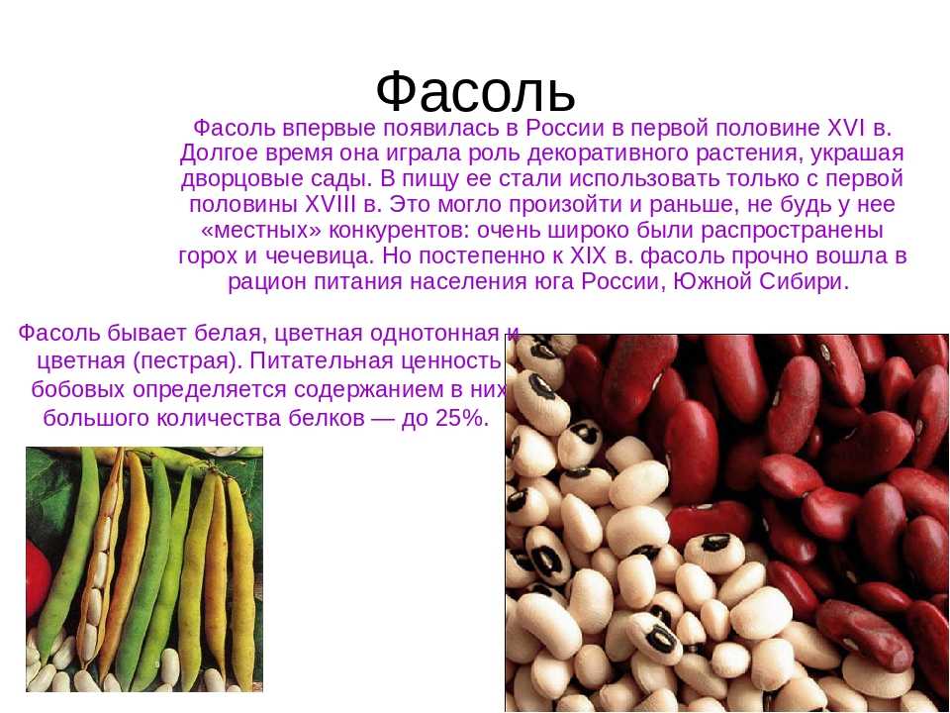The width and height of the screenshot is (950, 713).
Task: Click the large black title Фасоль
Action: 475,91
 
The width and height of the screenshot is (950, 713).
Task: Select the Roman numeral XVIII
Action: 331,204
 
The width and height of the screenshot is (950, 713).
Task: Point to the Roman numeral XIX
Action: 588,255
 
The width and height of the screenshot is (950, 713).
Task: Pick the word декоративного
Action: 608,154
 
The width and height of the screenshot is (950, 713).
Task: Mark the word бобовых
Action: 78,389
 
